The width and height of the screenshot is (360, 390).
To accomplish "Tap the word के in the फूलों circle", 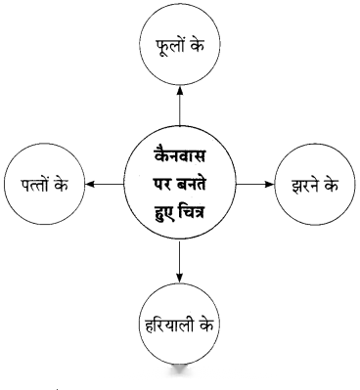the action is pyautogui.click(x=196, y=45).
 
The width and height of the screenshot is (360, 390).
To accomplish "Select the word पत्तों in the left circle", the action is pyautogui.click(x=34, y=185).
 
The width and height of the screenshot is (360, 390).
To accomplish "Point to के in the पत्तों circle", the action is pyautogui.click(x=61, y=185).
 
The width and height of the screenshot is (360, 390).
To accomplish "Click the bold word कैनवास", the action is pyautogui.click(x=180, y=155).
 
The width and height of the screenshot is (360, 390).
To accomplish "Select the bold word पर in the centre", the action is pyautogui.click(x=162, y=186).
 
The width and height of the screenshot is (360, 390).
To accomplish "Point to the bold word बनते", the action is pyautogui.click(x=191, y=186).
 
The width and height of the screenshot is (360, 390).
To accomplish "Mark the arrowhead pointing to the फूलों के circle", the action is pyautogui.click(x=180, y=91).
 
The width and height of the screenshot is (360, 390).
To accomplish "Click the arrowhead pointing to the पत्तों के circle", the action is pyautogui.click(x=90, y=185).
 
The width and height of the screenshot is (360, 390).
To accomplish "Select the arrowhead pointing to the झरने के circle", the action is pyautogui.click(x=270, y=185).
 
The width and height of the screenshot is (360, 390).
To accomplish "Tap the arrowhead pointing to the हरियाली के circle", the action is pyautogui.click(x=180, y=278).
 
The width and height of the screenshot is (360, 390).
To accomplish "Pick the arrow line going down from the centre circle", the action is pyautogui.click(x=180, y=262).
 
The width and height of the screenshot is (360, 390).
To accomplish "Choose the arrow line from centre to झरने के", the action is pyautogui.click(x=255, y=185).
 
